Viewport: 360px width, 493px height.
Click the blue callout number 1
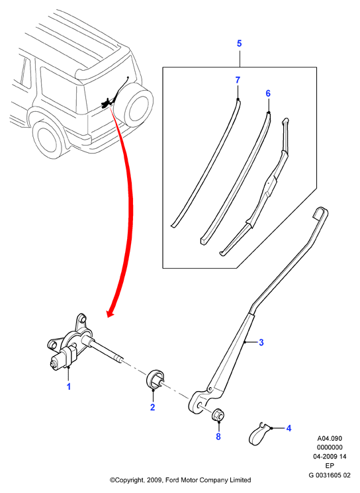(x=69, y=386)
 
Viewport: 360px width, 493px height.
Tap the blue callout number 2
(x=153, y=407)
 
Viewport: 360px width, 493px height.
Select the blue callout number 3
(x=261, y=342)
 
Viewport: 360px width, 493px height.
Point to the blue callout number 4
(x=289, y=428)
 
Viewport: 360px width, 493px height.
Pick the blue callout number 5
(x=240, y=44)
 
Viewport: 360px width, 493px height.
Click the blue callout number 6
(x=268, y=93)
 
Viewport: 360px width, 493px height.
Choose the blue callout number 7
(x=238, y=80)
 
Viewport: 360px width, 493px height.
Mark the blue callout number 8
(x=218, y=436)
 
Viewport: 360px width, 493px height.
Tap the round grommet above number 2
(x=155, y=379)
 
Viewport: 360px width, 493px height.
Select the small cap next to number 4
(x=259, y=434)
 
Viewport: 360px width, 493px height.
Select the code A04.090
(x=329, y=438)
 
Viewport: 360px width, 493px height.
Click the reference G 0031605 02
(x=329, y=474)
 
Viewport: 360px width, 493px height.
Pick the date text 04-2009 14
(x=329, y=457)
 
